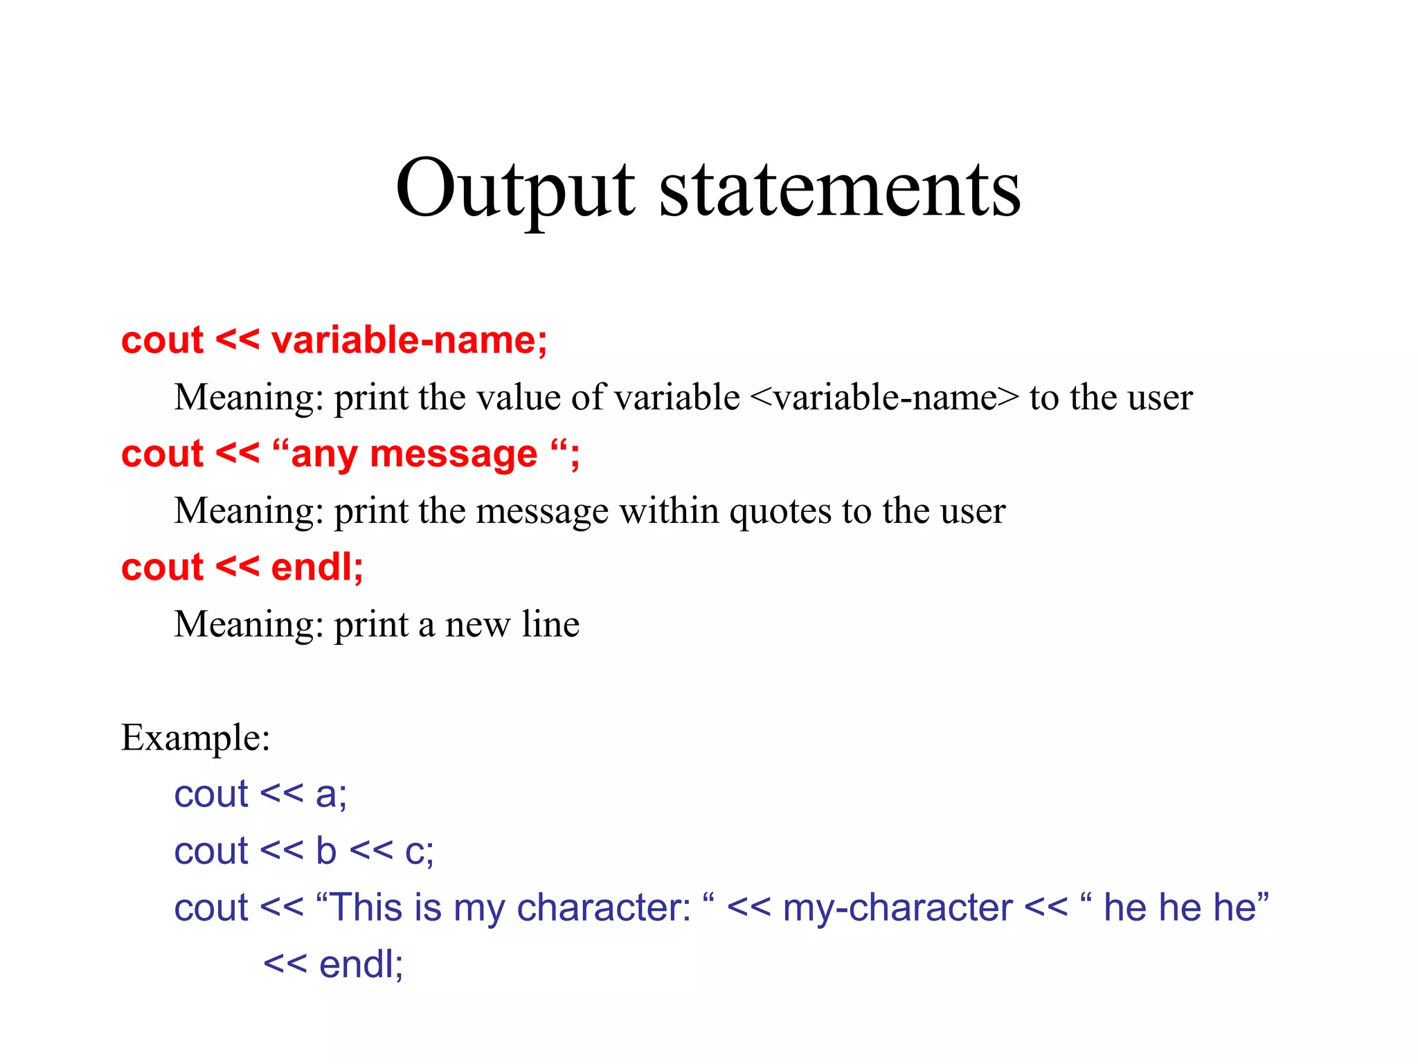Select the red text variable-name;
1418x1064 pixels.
click(409, 340)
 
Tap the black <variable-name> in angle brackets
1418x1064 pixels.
click(884, 398)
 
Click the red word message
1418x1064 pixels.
click(454, 454)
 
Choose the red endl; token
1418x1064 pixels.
click(317, 567)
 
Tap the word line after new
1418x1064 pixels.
click(550, 624)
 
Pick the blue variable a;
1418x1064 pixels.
click(331, 795)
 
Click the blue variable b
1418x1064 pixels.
click(326, 851)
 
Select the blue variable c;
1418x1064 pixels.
click(419, 852)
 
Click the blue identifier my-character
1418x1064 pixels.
click(897, 909)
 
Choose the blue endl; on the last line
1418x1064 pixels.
click(361, 964)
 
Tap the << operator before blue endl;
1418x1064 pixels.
click(285, 965)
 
